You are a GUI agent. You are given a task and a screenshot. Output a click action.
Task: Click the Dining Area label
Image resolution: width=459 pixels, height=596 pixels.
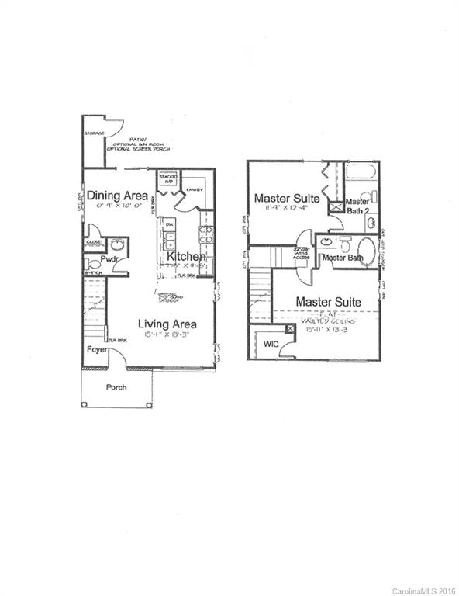(x=117, y=196)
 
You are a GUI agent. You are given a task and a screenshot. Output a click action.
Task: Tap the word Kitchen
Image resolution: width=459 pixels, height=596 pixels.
(x=186, y=256)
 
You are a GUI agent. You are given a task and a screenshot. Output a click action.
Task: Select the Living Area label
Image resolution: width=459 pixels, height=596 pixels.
(x=167, y=324)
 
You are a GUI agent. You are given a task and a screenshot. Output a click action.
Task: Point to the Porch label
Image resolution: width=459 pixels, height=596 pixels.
(x=116, y=387)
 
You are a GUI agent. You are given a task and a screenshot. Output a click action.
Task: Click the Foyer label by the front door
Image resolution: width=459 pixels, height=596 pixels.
(x=96, y=349)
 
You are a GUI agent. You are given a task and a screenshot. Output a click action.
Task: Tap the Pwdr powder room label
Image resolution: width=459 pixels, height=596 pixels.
(x=109, y=258)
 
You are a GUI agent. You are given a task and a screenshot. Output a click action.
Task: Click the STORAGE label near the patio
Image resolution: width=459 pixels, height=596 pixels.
(x=95, y=133)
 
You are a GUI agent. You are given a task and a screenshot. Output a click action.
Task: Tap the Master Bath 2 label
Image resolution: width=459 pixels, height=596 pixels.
(x=358, y=206)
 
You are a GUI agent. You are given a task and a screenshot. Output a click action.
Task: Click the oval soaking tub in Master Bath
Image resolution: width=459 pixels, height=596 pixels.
(x=369, y=252)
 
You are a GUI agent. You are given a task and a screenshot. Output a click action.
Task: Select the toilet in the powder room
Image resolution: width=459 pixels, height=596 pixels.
(x=95, y=265)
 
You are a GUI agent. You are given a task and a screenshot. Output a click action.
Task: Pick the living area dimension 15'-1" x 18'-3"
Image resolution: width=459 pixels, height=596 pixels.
(x=167, y=334)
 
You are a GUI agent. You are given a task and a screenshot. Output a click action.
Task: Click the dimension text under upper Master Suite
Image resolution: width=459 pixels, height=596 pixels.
(x=281, y=208)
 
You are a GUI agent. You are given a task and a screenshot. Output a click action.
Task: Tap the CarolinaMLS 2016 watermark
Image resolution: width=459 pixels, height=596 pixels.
(x=423, y=591)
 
